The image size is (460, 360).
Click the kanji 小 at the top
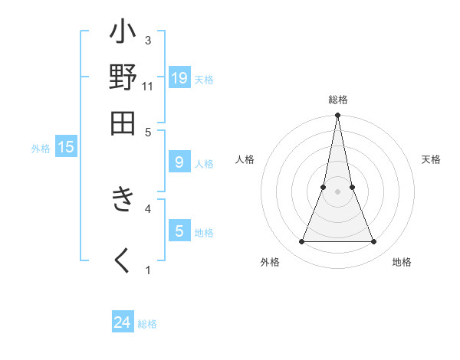click(123, 34)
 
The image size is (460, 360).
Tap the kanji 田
click(123, 123)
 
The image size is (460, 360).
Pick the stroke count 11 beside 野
click(148, 86)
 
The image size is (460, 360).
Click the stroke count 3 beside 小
click(148, 41)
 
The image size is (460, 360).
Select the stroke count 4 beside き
click(148, 208)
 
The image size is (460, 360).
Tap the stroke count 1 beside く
click(148, 270)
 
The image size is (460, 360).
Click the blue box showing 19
click(179, 78)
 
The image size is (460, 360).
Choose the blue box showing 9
click(179, 162)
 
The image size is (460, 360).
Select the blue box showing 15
click(66, 148)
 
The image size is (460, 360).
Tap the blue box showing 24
click(123, 323)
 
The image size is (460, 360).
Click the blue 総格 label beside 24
click(147, 324)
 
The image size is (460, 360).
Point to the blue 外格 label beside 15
click(40, 149)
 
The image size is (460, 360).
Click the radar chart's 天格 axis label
click(431, 159)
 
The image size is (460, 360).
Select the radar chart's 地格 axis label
click(402, 262)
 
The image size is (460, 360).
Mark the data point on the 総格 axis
click(337, 116)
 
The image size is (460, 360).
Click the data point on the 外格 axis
click(301, 242)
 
